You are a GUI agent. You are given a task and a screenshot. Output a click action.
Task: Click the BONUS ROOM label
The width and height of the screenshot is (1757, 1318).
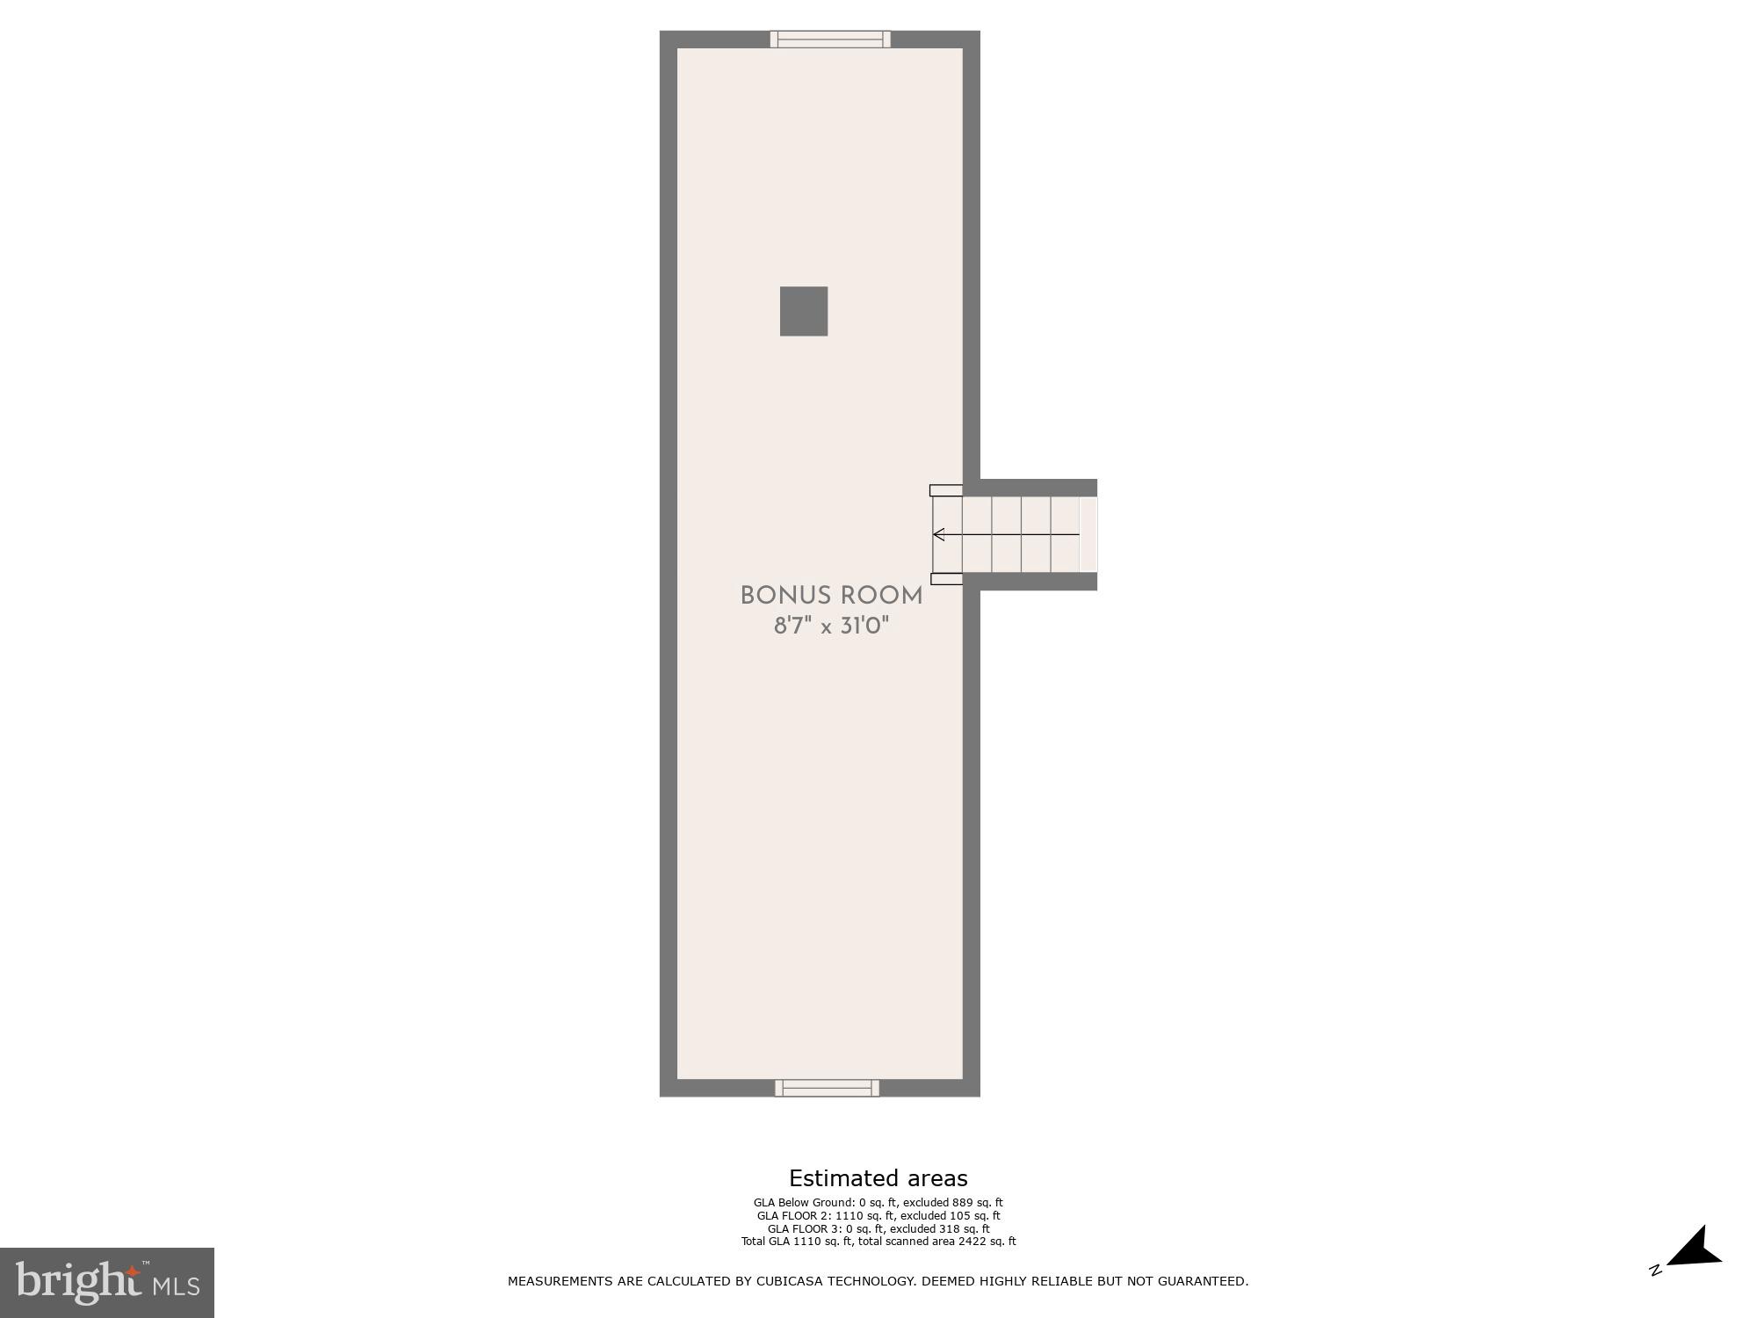click(831, 596)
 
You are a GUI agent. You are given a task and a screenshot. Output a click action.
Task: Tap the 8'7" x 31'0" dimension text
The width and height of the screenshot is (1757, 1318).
click(831, 626)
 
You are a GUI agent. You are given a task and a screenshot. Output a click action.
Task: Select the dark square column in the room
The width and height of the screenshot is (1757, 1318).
click(804, 311)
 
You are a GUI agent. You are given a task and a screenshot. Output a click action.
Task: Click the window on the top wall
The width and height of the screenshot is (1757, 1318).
click(830, 39)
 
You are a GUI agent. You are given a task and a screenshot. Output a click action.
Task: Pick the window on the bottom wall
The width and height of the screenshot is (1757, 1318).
click(827, 1088)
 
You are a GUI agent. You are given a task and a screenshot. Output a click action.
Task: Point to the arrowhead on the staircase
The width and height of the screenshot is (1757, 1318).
click(938, 534)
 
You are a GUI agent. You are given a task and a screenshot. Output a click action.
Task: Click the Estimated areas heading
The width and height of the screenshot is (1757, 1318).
click(878, 1178)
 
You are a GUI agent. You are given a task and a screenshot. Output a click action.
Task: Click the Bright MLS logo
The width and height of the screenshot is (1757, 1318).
click(107, 1283)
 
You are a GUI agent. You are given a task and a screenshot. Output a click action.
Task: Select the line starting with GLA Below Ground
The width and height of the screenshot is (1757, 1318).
click(878, 1203)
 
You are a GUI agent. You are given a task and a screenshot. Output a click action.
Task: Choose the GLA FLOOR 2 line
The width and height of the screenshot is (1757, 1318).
click(878, 1216)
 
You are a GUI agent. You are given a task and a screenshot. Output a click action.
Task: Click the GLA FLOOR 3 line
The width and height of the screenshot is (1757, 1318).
click(878, 1228)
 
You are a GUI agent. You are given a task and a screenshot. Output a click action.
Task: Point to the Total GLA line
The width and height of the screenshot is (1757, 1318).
click(878, 1242)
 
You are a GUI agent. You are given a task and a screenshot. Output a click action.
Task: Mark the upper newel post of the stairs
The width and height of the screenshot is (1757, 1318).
click(946, 490)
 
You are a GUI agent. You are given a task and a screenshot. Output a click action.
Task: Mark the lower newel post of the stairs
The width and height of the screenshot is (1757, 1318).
click(946, 579)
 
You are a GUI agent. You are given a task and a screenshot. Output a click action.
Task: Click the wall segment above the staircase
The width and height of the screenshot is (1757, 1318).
click(1038, 488)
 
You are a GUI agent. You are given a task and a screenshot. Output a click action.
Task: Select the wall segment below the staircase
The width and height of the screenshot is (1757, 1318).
click(1038, 581)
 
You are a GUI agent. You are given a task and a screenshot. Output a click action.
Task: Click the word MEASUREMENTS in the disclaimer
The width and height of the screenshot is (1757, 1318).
click(560, 1281)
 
